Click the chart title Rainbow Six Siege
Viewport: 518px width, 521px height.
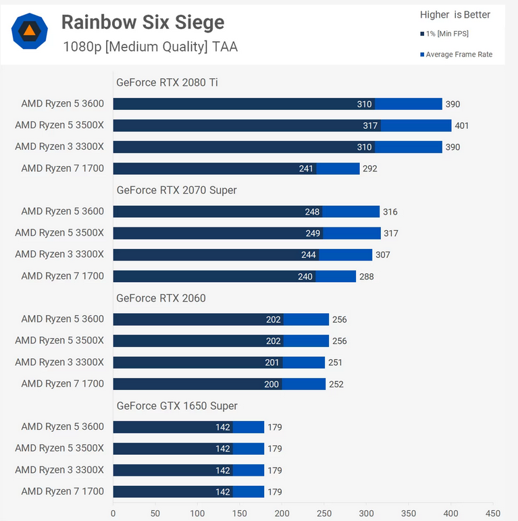143,22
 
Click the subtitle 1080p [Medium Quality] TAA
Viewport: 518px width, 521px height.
150,47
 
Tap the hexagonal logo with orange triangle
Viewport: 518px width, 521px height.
29,31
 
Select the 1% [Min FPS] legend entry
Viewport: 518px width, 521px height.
444,34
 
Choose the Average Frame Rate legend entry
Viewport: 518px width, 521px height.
456,55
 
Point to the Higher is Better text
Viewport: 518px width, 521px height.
455,15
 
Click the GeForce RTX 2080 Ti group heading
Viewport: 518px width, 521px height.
167,82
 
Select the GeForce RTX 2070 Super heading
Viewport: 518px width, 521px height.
176,190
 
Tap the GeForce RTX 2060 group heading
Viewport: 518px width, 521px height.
161,298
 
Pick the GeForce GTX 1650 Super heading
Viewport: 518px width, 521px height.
177,406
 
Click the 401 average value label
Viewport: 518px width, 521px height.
461,126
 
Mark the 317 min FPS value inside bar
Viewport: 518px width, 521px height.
369,126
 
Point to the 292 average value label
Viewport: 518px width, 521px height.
370,169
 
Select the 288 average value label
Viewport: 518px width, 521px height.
366,277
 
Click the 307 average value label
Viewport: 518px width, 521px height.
382,255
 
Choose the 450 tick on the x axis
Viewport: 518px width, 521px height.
492,512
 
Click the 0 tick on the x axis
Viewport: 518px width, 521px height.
113,512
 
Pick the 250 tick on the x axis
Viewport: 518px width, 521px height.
323,512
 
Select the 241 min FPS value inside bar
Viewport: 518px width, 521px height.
307,169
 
